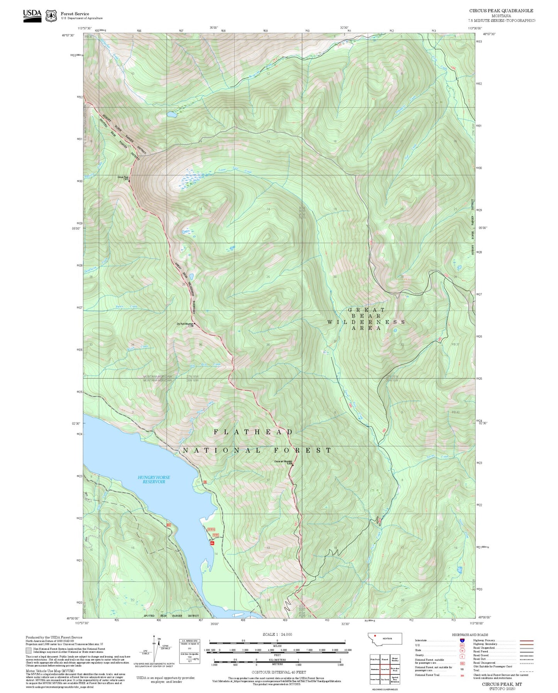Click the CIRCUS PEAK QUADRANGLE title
[501, 11]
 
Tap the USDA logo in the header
[32, 15]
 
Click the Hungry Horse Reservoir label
[154, 479]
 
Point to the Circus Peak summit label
[123, 178]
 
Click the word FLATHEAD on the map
[253, 432]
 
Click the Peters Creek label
[126, 307]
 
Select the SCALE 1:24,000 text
[277, 634]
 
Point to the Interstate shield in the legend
[462, 640]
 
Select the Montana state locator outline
[385, 639]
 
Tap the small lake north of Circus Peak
[171, 115]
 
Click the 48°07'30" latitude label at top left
[68, 35]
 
